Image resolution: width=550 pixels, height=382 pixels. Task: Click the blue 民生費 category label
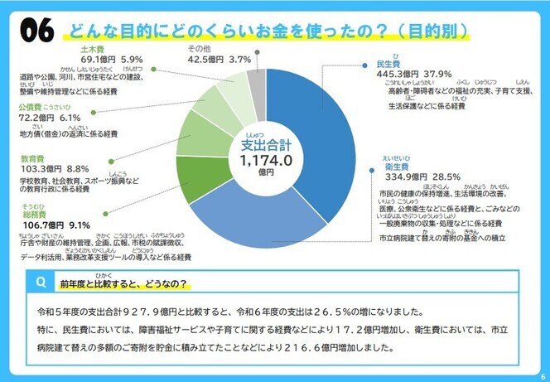click(x=388, y=64)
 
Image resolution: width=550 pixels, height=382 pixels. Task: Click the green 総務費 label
click(x=33, y=213)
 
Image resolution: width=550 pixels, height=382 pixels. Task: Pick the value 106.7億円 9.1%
click(x=56, y=225)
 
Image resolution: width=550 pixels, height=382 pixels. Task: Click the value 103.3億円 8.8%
click(x=56, y=168)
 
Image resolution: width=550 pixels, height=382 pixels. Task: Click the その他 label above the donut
click(x=200, y=49)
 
